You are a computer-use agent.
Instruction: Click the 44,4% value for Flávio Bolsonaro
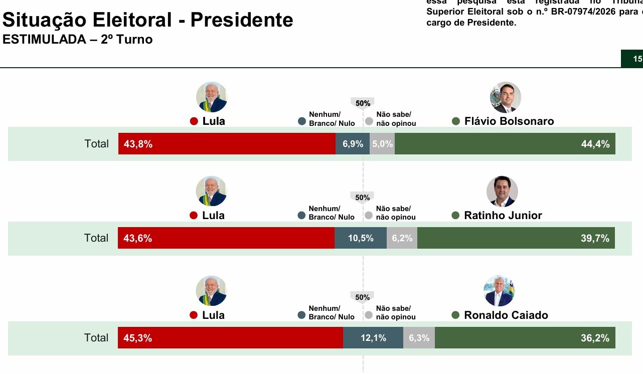595,144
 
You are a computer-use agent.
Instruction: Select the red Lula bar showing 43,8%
227,144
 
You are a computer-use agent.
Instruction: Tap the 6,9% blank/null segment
353,144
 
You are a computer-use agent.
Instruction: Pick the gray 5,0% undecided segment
382,144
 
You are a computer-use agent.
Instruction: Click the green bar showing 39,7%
516,238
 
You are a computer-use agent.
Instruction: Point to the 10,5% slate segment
361,238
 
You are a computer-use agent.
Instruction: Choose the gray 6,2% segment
402,238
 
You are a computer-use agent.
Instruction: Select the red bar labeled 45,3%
230,338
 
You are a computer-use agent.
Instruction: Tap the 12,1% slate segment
373,338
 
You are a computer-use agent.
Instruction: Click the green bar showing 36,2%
525,338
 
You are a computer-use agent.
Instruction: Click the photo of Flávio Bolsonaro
505,97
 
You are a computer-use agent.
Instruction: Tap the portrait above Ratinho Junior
502,192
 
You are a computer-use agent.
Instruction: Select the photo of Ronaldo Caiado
499,291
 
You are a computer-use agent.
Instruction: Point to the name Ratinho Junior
503,216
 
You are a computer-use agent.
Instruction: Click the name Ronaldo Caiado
506,315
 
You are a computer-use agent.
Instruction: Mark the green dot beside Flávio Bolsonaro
456,121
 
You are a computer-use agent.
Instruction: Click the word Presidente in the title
242,20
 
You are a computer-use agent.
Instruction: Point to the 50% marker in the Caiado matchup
362,297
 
